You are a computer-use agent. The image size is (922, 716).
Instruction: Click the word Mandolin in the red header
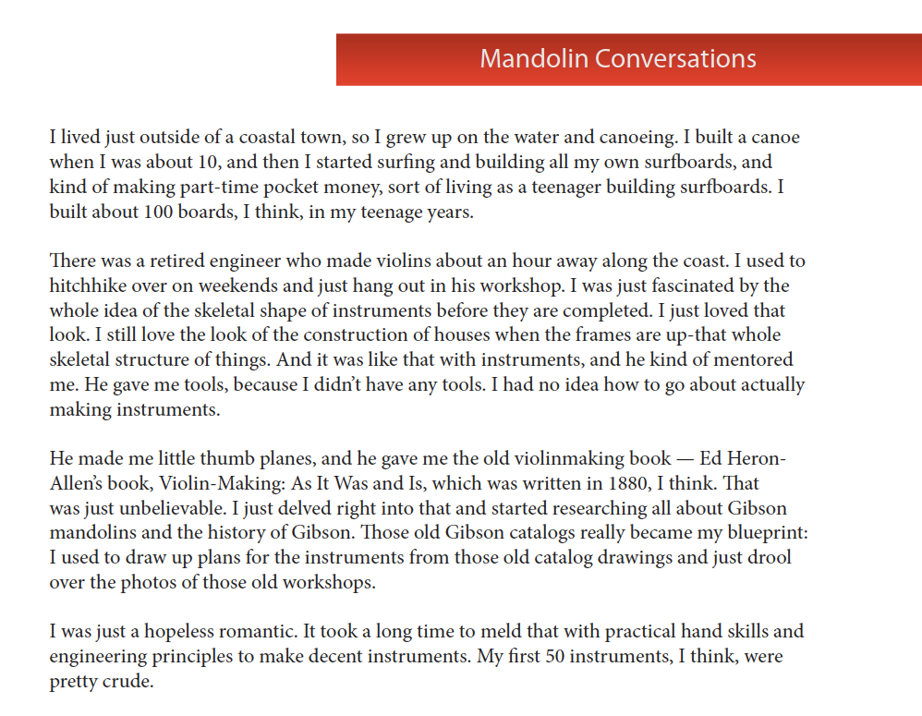(533, 59)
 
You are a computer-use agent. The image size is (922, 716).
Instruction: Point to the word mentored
(752, 359)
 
